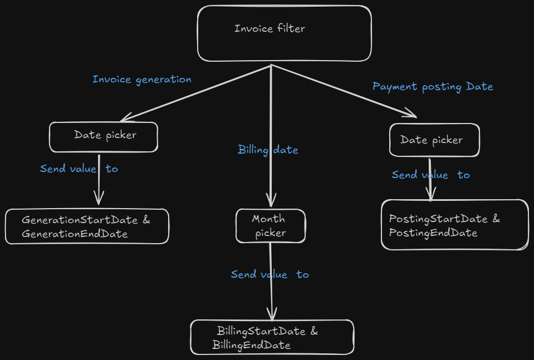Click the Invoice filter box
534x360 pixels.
(x=284, y=33)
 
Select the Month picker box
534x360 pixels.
(x=271, y=226)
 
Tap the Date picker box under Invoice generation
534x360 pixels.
(x=104, y=137)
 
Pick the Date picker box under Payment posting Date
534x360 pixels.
(x=434, y=140)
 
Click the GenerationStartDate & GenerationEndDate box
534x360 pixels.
(x=87, y=226)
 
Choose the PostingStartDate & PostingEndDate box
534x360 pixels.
(x=454, y=225)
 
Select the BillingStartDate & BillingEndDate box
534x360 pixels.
(x=272, y=337)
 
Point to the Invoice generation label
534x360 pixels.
(x=141, y=79)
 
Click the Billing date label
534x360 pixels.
(x=268, y=150)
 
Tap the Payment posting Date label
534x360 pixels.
(x=433, y=86)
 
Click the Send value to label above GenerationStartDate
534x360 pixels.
(x=79, y=169)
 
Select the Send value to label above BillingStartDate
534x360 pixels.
(x=270, y=274)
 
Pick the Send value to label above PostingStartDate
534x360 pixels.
(x=430, y=175)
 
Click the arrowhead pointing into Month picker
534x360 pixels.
(x=271, y=201)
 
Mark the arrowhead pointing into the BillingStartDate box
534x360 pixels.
(x=272, y=315)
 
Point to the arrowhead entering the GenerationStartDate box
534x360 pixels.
(x=99, y=199)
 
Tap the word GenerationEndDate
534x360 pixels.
(x=75, y=234)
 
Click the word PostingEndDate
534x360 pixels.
(x=433, y=233)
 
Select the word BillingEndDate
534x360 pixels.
(x=251, y=346)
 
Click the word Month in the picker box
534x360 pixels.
(x=268, y=219)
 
